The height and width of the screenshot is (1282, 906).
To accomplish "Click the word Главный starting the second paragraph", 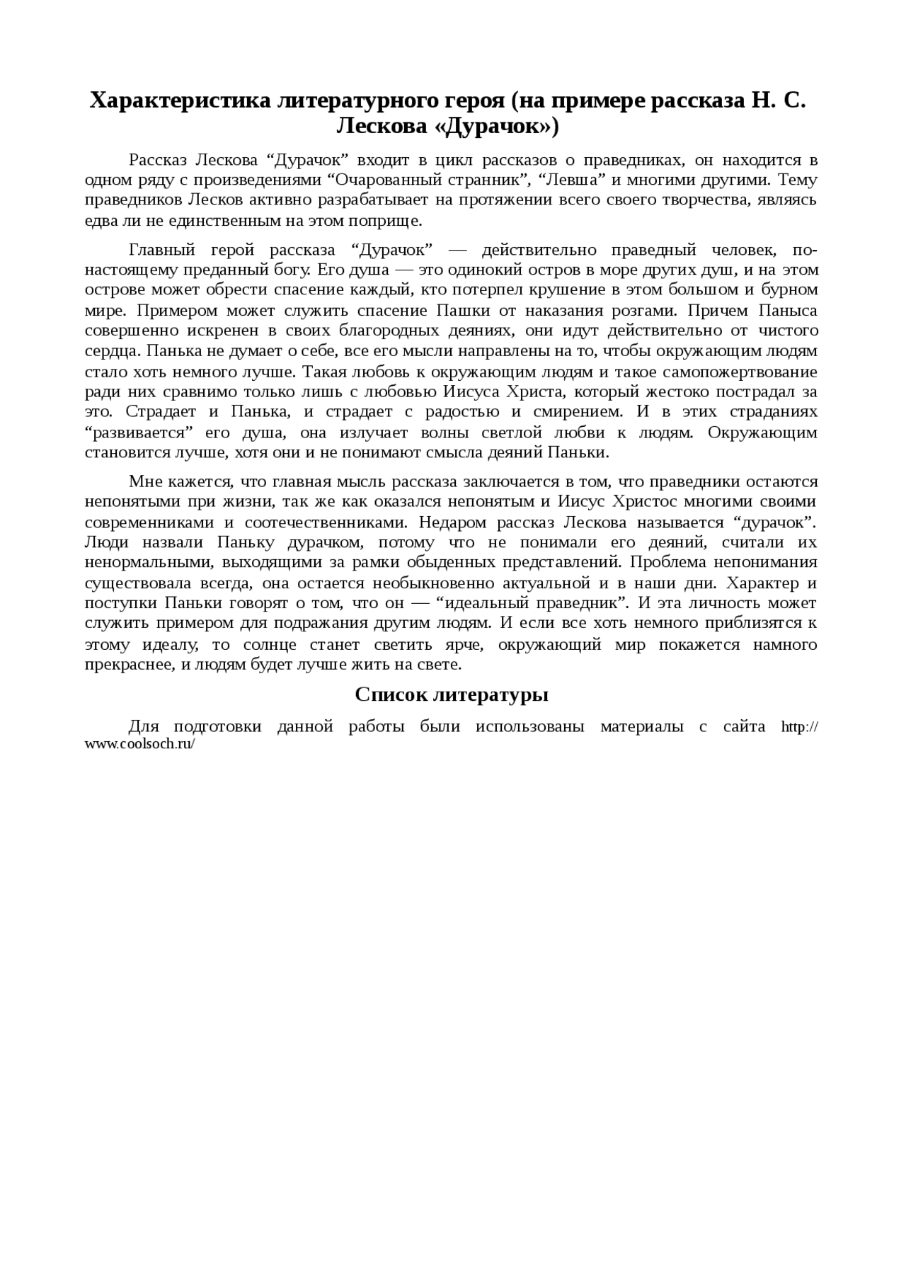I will click(x=162, y=250).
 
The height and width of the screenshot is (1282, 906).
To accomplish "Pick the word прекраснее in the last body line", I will click(x=125, y=665).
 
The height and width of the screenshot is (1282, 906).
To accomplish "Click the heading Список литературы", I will click(x=452, y=694).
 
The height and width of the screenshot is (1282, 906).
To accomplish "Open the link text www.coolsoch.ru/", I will click(x=139, y=745).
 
